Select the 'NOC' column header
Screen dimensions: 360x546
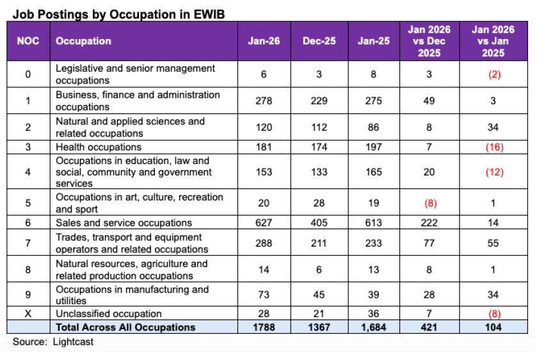[x=28, y=41]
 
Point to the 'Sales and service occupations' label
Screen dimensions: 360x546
[x=124, y=223]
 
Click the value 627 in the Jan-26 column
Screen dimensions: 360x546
[x=264, y=223]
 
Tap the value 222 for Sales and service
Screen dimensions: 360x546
[x=430, y=223]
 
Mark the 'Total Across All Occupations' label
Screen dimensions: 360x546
[x=125, y=327]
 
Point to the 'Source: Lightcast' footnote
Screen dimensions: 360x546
[x=53, y=342]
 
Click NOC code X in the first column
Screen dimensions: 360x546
[x=28, y=314]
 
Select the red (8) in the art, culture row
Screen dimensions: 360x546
[x=430, y=202]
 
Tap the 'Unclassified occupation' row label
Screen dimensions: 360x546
[x=109, y=314]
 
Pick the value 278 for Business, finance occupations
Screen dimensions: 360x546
[x=264, y=101]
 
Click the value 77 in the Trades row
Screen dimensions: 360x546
[x=430, y=243]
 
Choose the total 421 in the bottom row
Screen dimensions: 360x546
[x=430, y=327]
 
